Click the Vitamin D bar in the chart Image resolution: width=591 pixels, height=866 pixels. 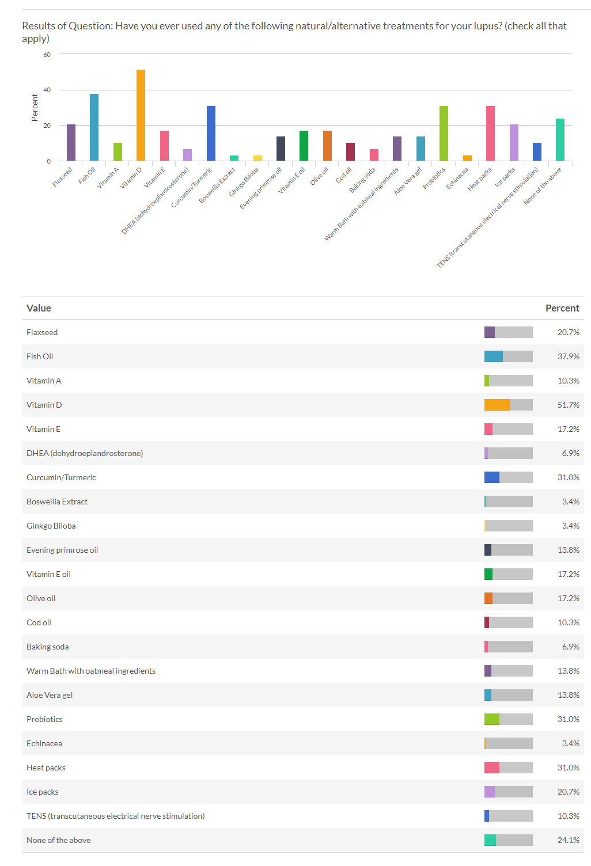(141, 115)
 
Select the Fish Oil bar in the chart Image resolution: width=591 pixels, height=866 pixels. (94, 127)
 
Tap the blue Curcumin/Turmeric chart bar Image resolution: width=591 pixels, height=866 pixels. (211, 133)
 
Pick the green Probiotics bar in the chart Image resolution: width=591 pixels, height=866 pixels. (444, 133)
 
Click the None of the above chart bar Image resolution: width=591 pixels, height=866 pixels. (560, 139)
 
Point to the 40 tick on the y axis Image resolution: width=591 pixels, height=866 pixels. (47, 90)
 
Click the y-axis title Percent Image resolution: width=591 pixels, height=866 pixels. (35, 108)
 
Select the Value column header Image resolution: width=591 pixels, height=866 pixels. (39, 308)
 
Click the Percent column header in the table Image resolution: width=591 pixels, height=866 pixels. (562, 308)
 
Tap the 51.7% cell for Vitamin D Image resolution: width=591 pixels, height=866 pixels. (568, 405)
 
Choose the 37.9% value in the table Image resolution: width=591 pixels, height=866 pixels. (568, 356)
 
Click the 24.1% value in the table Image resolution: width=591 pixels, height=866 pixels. (568, 840)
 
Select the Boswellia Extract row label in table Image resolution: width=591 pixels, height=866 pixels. (57, 502)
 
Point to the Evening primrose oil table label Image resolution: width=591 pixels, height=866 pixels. (62, 550)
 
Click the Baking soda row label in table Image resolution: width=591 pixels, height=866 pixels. (47, 647)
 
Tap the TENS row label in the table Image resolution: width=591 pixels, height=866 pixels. (115, 816)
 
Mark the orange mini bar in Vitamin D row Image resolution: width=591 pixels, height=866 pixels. (497, 405)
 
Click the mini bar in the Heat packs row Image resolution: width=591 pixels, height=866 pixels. (492, 768)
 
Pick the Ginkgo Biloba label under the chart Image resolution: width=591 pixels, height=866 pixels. (244, 182)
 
